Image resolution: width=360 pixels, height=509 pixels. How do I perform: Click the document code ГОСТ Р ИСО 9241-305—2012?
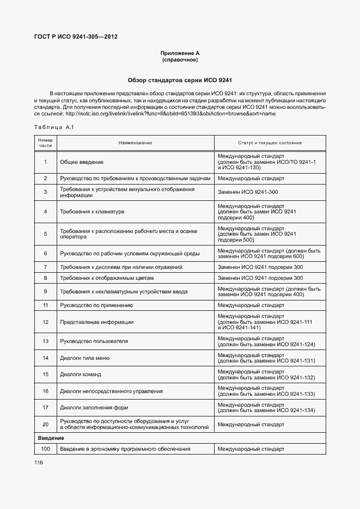tap(76, 37)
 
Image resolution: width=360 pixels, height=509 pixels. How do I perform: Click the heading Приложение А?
tap(180, 53)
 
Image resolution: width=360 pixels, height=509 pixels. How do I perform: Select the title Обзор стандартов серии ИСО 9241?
tap(180, 80)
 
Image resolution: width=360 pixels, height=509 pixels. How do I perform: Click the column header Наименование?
tap(135, 143)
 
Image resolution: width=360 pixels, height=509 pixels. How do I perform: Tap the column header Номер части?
tap(45, 143)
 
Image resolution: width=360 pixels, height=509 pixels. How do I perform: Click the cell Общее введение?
tap(82, 162)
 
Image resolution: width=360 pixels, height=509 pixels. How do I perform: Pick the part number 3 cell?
tap(45, 192)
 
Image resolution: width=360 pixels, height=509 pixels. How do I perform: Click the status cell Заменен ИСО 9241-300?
tap(248, 192)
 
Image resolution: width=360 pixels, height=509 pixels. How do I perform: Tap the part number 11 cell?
tap(45, 305)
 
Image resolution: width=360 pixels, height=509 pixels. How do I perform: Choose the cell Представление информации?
tap(96, 322)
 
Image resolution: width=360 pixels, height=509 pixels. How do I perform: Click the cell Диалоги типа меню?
tap(85, 358)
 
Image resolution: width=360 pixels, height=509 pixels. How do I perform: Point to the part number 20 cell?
tap(45, 424)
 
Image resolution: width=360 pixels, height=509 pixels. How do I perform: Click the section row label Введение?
tap(51, 438)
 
